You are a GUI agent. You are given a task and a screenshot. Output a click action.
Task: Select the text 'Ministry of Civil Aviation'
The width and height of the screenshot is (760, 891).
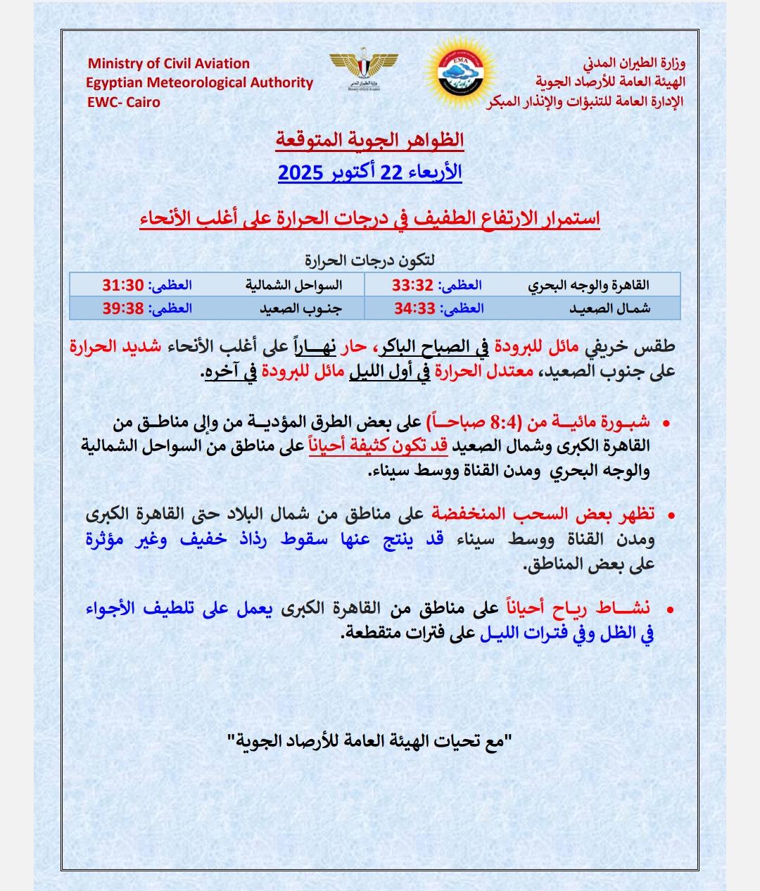coord(169,63)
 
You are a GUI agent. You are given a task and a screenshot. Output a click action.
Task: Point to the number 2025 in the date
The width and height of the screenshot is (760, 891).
coord(300,172)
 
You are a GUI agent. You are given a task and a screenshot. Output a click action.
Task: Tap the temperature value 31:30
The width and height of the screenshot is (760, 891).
coord(123,285)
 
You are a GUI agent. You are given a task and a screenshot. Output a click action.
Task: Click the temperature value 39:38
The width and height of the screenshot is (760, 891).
coord(123,308)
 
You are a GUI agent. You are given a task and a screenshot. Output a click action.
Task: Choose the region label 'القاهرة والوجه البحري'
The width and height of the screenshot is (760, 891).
coord(588,285)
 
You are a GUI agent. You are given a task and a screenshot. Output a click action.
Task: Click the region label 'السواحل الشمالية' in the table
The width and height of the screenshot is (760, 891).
coord(293,285)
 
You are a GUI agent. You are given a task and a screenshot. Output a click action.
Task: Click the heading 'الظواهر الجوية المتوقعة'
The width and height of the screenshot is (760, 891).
coord(370,140)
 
